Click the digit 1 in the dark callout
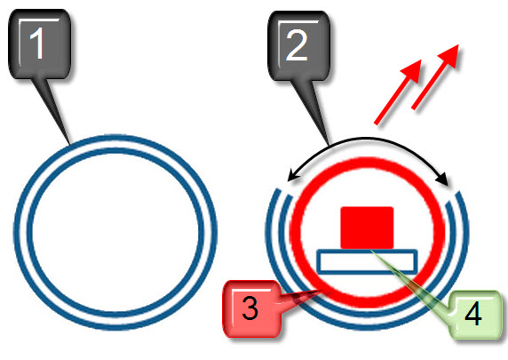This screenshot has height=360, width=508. pyautogui.click(x=37, y=43)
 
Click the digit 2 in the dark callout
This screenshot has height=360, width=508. pyautogui.click(x=296, y=44)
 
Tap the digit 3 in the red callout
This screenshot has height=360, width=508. pyautogui.click(x=250, y=308)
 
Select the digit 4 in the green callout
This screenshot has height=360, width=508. pyautogui.click(x=473, y=314)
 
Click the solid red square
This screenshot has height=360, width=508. pyautogui.click(x=367, y=228)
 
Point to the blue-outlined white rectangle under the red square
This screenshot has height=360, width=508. pyautogui.click(x=367, y=261)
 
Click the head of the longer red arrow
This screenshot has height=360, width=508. pyautogui.click(x=450, y=55)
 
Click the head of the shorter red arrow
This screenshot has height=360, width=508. pyautogui.click(x=413, y=70)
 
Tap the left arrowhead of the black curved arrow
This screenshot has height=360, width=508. pyautogui.click(x=292, y=176)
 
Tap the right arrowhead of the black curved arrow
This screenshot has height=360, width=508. pyautogui.click(x=443, y=179)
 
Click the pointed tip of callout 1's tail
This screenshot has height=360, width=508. pyautogui.click(x=69, y=144)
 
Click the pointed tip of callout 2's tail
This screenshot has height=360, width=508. pyautogui.click(x=329, y=146)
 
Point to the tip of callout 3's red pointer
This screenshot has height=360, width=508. pyautogui.click(x=323, y=291)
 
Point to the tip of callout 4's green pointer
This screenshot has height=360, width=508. pyautogui.click(x=371, y=251)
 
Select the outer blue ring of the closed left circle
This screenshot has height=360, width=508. pyautogui.click(x=115, y=137)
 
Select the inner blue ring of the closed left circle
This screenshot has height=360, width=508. pyautogui.click(x=115, y=150)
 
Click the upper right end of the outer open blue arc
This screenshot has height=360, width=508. pyautogui.click(x=458, y=193)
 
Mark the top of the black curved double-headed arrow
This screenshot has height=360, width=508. pyautogui.click(x=366, y=139)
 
